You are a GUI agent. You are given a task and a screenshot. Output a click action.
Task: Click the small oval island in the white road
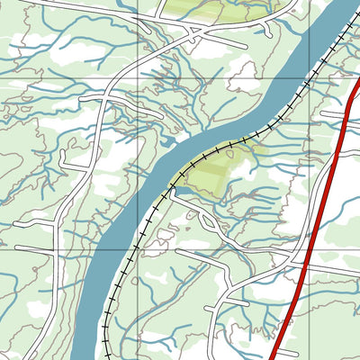208,221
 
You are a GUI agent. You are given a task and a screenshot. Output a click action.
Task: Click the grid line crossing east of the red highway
347,79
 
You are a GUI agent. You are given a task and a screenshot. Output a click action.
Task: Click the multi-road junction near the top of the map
193,34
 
